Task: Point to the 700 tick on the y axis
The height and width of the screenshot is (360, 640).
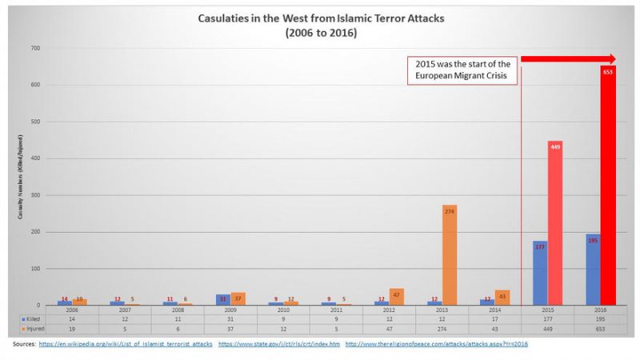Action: click(34, 49)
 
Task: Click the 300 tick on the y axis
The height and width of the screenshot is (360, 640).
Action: click(34, 195)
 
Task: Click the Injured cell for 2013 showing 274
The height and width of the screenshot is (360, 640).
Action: click(442, 329)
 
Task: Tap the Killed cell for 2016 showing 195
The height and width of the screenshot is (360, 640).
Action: click(600, 318)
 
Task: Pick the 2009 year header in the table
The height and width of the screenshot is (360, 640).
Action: click(230, 309)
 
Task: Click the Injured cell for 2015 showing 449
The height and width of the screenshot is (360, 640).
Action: click(547, 329)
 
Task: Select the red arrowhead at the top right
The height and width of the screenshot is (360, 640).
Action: click(612, 59)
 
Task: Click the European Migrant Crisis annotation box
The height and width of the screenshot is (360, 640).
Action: click(462, 70)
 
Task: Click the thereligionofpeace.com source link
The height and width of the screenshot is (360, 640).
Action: click(437, 344)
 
